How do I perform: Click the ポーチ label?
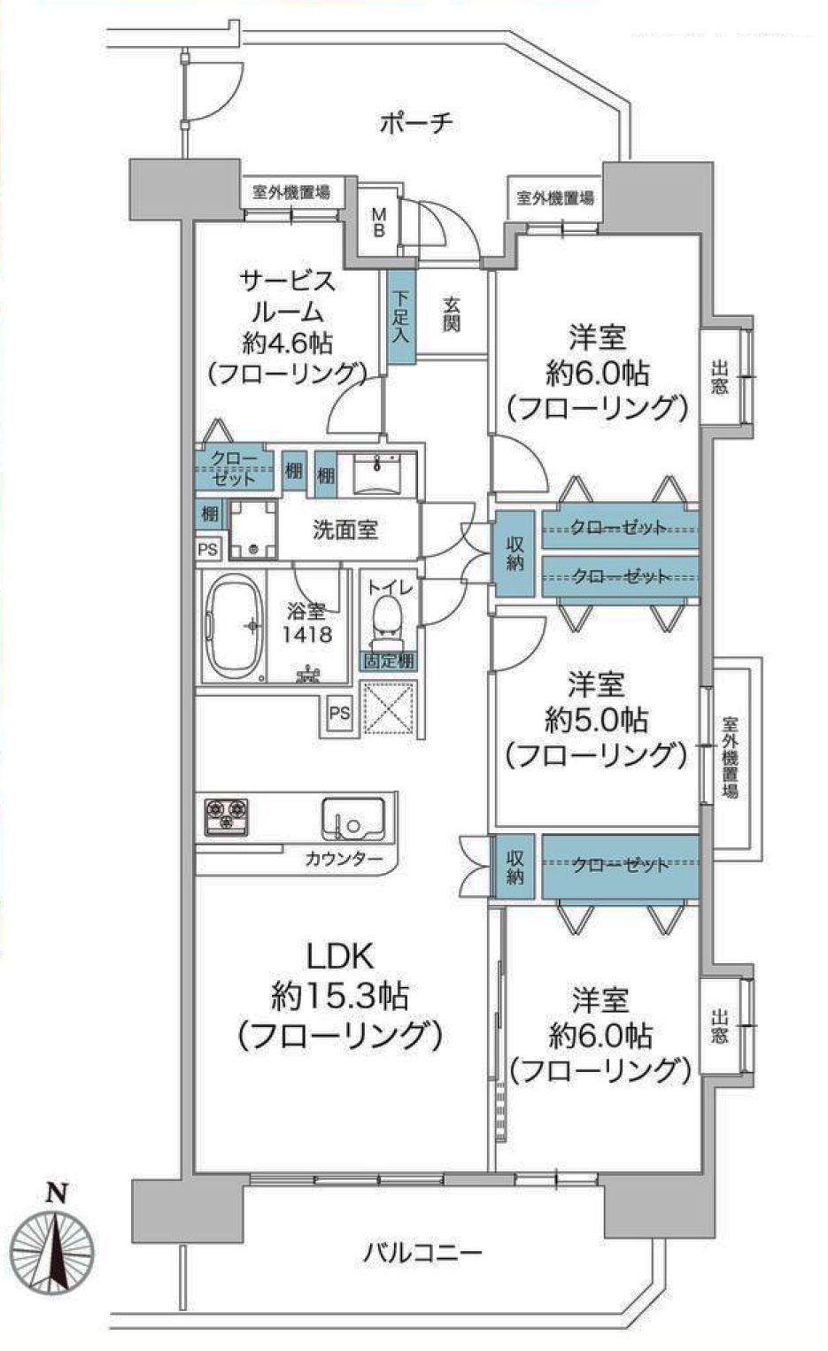[416, 124]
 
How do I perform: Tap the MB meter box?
[379, 222]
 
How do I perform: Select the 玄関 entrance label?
[452, 314]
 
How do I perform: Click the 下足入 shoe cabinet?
[401, 317]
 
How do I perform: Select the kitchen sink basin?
[353, 818]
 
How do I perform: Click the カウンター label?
[344, 858]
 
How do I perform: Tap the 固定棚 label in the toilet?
[390, 661]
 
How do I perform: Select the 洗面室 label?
[344, 530]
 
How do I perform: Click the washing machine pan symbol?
[253, 529]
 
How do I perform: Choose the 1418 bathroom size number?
[308, 635]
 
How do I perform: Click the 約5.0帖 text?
[597, 720]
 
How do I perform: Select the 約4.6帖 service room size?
[287, 344]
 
